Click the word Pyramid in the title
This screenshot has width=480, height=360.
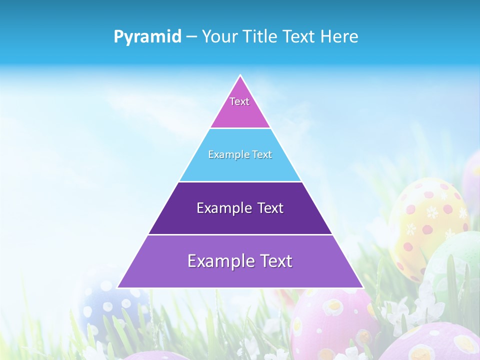tap(147, 37)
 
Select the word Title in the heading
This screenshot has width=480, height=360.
tap(262, 36)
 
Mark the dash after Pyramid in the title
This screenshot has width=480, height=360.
tap(191, 37)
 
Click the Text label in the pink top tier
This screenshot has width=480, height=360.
tap(239, 101)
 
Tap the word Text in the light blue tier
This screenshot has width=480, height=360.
tap(262, 155)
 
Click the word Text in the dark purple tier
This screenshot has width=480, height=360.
tap(270, 208)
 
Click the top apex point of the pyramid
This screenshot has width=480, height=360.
tap(240, 75)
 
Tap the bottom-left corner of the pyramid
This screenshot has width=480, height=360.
tap(117, 287)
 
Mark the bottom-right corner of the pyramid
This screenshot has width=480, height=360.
tap(363, 287)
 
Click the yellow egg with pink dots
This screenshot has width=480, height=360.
tap(425, 220)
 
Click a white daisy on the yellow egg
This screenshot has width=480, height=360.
tap(410, 229)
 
